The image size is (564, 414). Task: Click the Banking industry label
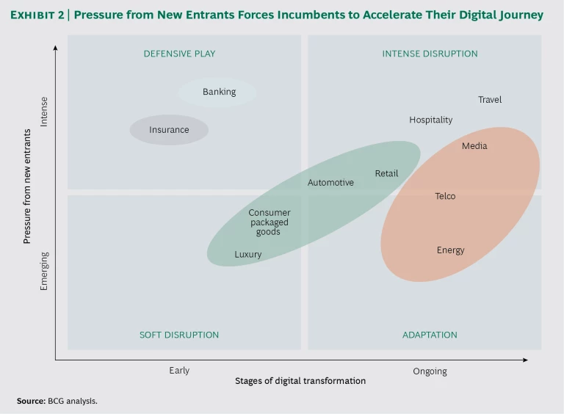click(219, 92)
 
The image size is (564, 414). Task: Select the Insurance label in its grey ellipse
click(169, 130)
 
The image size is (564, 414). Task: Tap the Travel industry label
click(490, 100)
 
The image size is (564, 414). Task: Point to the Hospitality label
click(431, 120)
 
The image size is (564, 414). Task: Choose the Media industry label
click(474, 146)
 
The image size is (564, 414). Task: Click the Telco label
click(445, 196)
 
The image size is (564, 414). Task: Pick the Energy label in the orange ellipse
click(450, 250)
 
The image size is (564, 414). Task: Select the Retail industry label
click(386, 174)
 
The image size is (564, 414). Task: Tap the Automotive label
click(330, 183)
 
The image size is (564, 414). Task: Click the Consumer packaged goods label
click(269, 222)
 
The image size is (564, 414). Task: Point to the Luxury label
click(248, 255)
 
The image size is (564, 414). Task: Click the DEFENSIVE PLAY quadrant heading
click(179, 54)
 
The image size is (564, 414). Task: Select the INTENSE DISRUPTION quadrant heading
click(430, 54)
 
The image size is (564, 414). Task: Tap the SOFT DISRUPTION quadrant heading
click(179, 335)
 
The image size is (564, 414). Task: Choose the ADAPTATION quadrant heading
click(430, 335)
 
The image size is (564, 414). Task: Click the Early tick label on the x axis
click(179, 371)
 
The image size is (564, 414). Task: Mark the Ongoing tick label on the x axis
click(430, 371)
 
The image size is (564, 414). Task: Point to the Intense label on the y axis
click(44, 112)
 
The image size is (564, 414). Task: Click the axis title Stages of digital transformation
click(300, 382)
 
